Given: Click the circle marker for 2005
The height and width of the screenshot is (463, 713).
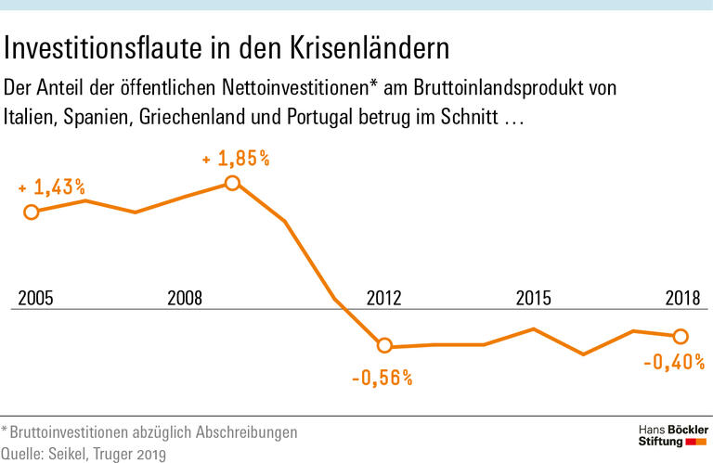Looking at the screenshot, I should (x=31, y=212).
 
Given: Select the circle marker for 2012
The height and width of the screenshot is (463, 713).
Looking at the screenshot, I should (x=384, y=346).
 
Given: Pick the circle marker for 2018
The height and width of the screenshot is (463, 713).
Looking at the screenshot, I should (x=681, y=336).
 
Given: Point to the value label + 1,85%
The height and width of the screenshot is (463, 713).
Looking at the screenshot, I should (x=237, y=159).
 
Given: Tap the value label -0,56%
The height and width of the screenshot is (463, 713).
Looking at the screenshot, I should (x=382, y=378).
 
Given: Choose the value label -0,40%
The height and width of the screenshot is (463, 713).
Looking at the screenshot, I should (x=674, y=362).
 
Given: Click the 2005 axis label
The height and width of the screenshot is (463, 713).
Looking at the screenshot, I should (x=35, y=298).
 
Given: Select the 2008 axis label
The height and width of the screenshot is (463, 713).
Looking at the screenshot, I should (x=185, y=298).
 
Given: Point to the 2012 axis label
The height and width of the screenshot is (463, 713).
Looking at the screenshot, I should (x=384, y=298).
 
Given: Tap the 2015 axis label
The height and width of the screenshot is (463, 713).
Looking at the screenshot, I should (x=533, y=298).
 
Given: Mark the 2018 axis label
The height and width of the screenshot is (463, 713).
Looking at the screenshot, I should (x=683, y=298).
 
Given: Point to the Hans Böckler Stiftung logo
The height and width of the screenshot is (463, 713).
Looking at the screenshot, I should (x=673, y=436).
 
